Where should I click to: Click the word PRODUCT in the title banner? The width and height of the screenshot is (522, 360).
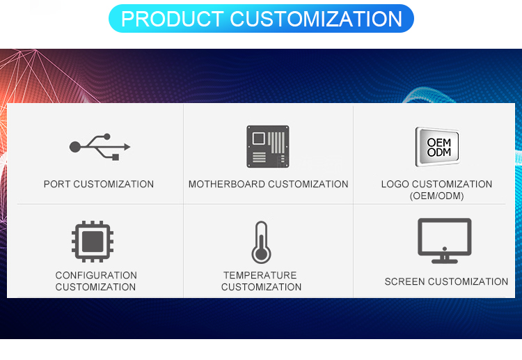[x=173, y=19]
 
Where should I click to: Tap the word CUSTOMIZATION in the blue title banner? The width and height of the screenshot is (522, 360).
[x=317, y=19]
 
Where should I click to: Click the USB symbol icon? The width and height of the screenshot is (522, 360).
[x=100, y=146]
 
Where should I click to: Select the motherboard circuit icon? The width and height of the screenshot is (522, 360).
[x=267, y=146]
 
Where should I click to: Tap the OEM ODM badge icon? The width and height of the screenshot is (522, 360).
[x=437, y=146]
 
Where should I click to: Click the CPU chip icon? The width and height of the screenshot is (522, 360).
[x=94, y=240]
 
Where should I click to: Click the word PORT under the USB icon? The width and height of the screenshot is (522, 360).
[x=57, y=185]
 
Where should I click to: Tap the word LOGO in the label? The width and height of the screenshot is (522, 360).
[x=395, y=185]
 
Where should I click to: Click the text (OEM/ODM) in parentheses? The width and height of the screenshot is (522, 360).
[x=436, y=196]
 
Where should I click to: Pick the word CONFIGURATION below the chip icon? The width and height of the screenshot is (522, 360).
[x=96, y=276]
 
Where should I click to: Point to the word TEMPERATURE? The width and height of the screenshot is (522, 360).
[x=260, y=276]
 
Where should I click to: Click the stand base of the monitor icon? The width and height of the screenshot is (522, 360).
[x=444, y=261]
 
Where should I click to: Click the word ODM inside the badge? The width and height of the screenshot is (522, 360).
[x=439, y=152]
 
